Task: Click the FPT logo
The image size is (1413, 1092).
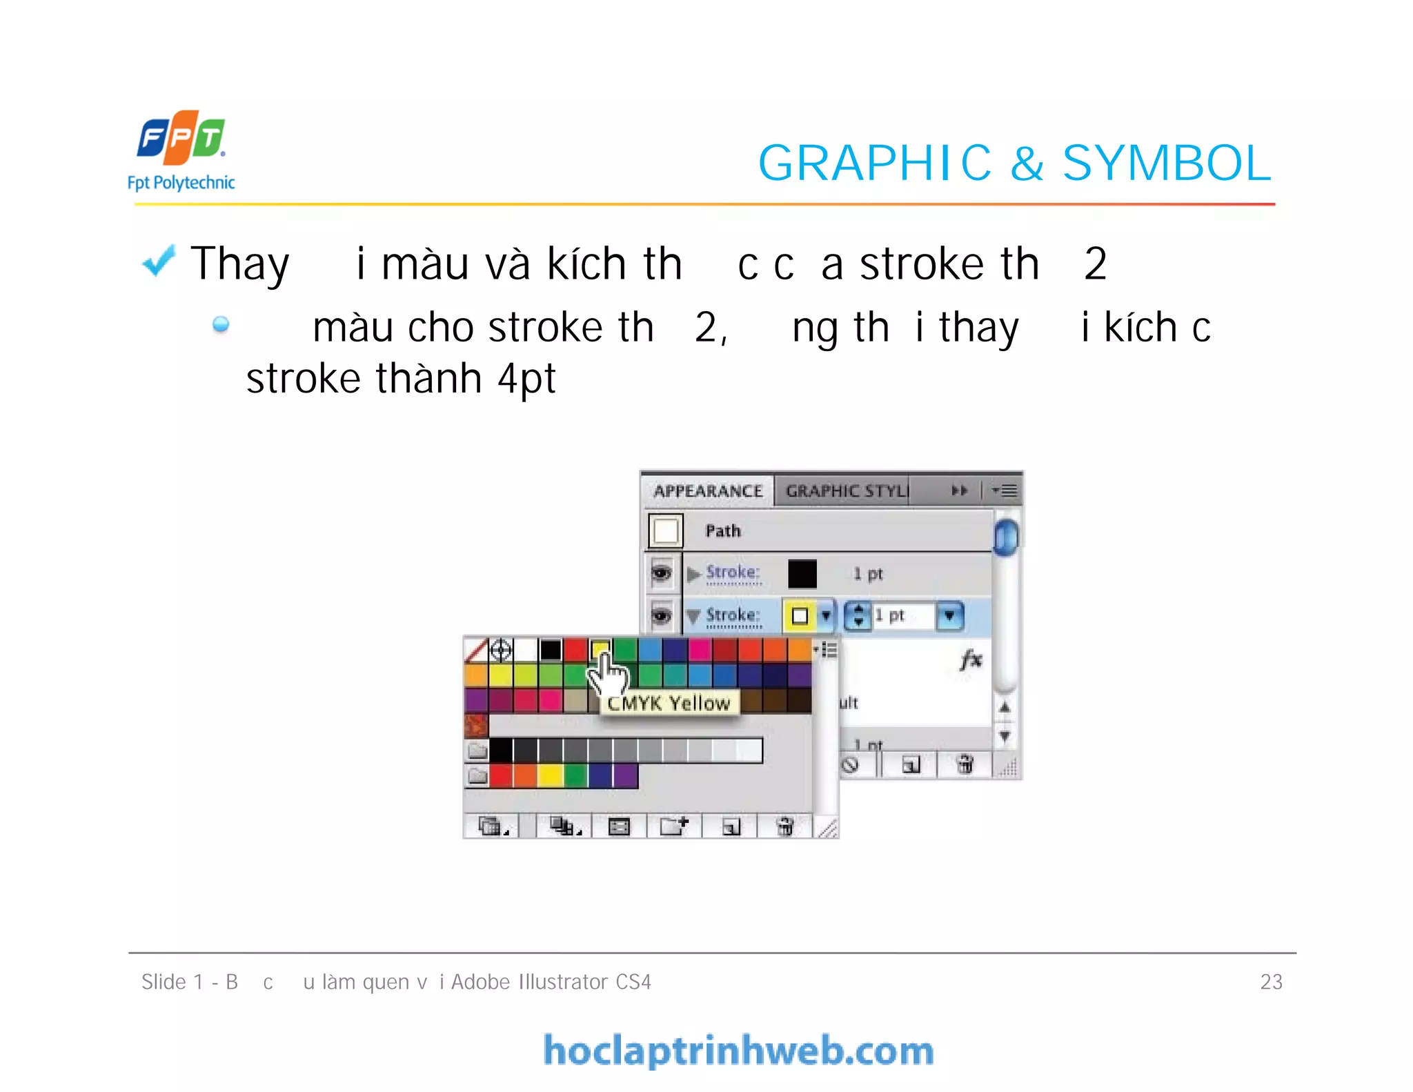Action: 181,137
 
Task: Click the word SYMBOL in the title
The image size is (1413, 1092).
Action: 1166,163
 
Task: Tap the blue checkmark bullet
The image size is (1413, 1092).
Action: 159,261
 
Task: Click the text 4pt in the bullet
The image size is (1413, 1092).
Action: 526,379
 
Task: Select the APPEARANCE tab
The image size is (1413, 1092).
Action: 708,491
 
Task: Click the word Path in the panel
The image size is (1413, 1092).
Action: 723,530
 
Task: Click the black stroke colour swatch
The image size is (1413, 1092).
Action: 802,573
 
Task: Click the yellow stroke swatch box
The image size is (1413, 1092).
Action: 800,615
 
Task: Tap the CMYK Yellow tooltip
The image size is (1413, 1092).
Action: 669,703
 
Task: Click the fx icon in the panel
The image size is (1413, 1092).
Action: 970,659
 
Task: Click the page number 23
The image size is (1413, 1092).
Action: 1271,982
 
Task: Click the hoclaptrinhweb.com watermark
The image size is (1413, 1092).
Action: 738,1051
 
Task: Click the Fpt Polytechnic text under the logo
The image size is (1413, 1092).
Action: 181,183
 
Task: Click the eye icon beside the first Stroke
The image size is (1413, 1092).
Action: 661,573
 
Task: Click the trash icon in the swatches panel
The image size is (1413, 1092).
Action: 785,826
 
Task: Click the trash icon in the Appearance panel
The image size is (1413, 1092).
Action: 965,764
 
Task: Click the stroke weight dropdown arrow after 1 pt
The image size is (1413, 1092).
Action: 950,615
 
